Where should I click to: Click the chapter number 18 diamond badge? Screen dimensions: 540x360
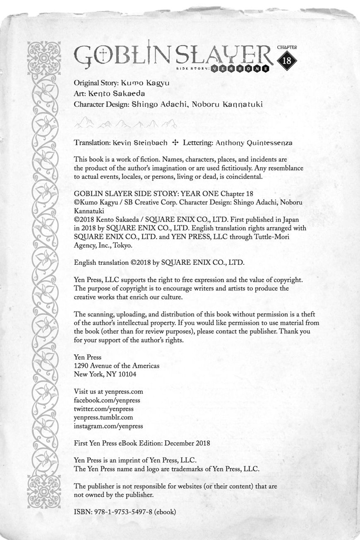[286, 60]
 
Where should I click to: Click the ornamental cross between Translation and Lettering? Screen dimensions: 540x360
[175, 143]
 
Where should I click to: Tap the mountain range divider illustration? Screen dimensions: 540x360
[125, 123]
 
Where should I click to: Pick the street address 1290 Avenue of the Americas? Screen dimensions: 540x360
[116, 366]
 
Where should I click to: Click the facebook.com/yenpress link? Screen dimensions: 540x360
[107, 400]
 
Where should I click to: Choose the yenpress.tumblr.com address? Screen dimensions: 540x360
[103, 417]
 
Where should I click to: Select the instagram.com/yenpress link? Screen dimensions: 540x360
[108, 426]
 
